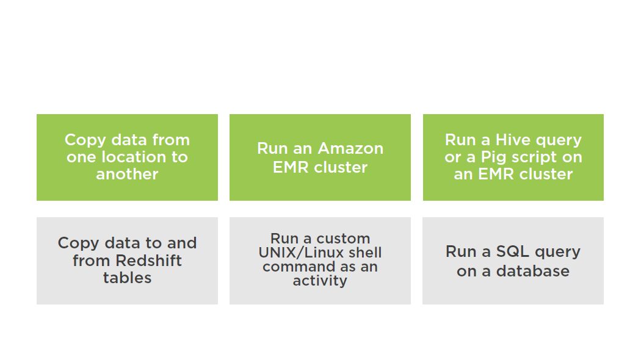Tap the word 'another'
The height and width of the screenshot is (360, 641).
(127, 175)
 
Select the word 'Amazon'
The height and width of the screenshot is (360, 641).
(351, 148)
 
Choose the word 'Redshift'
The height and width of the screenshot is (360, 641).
(148, 261)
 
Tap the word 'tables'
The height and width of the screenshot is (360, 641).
(127, 278)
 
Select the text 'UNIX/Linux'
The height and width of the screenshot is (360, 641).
(301, 253)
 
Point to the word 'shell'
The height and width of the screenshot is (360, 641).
(364, 253)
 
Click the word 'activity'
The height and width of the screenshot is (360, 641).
(320, 281)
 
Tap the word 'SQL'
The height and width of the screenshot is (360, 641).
(513, 251)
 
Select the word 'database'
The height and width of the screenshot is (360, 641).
(533, 271)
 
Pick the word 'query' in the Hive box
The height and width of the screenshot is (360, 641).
(559, 140)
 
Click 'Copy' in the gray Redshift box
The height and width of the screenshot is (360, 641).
(79, 243)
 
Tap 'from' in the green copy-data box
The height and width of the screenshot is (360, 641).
(171, 140)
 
